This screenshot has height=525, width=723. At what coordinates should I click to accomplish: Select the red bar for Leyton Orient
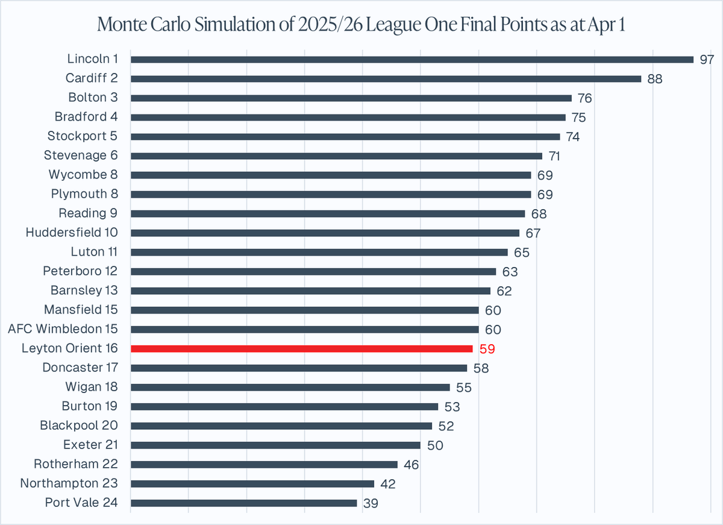[x=301, y=348]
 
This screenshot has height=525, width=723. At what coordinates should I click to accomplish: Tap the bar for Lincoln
[x=412, y=59]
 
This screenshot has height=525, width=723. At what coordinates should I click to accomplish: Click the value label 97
[x=707, y=59]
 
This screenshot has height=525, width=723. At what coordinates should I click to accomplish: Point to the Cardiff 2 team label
[x=91, y=78]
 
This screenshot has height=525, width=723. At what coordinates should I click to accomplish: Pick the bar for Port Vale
[x=243, y=503]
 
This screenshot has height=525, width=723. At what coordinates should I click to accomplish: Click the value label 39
[x=371, y=503]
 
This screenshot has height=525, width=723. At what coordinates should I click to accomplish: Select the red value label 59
[x=487, y=348]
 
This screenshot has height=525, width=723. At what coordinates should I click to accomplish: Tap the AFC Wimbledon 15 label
[x=63, y=329]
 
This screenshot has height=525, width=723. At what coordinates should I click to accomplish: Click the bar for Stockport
[x=345, y=136]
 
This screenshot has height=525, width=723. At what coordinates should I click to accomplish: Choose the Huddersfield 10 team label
[x=72, y=233]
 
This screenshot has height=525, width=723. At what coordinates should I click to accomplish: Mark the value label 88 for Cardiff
[x=655, y=78]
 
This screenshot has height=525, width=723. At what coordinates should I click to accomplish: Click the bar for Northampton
[x=252, y=483]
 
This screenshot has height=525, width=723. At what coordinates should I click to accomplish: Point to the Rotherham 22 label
[x=75, y=464]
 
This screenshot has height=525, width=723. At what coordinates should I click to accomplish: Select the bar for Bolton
[x=351, y=98]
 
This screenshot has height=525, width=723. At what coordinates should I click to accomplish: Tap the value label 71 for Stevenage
[x=555, y=156]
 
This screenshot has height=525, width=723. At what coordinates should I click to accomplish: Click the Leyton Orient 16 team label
[x=69, y=348]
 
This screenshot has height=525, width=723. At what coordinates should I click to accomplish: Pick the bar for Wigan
[x=290, y=387]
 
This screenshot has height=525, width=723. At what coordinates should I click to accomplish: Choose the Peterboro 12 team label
[x=80, y=271]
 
